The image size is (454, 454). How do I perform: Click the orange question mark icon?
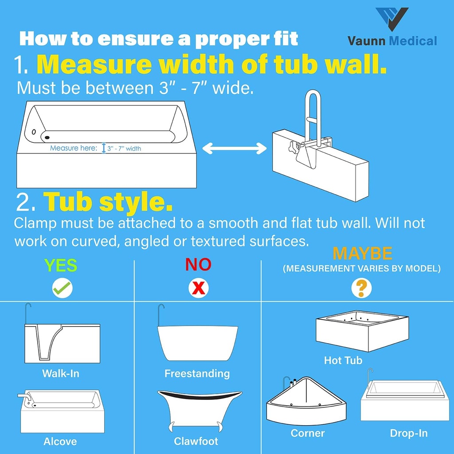361,289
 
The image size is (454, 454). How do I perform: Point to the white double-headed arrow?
234,149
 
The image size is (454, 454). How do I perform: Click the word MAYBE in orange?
362,254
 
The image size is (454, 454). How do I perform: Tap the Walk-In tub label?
61,373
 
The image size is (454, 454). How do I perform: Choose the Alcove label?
60,441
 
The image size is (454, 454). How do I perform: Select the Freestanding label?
197,373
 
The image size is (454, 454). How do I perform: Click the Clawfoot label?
196,441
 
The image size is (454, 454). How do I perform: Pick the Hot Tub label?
343,360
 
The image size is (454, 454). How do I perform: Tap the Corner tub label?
308,433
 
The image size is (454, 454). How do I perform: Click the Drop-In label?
409,433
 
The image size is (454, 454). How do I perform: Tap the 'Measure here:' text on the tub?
73,148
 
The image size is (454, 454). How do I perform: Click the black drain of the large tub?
47,138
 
